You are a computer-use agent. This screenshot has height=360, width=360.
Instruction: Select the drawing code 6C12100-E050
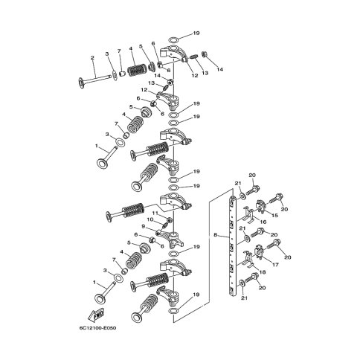point(98,328)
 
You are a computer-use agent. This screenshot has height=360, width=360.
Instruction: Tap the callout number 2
point(92,58)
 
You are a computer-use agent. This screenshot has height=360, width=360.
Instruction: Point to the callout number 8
point(215,234)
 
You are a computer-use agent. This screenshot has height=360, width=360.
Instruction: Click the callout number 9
point(143,226)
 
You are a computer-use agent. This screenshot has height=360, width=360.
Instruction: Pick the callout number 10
point(150,219)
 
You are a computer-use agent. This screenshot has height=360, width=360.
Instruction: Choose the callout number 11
point(155,213)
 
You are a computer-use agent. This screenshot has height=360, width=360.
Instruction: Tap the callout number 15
point(274,215)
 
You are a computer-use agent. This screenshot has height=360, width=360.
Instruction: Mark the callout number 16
point(263,222)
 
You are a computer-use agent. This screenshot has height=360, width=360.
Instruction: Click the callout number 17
point(275,265)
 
